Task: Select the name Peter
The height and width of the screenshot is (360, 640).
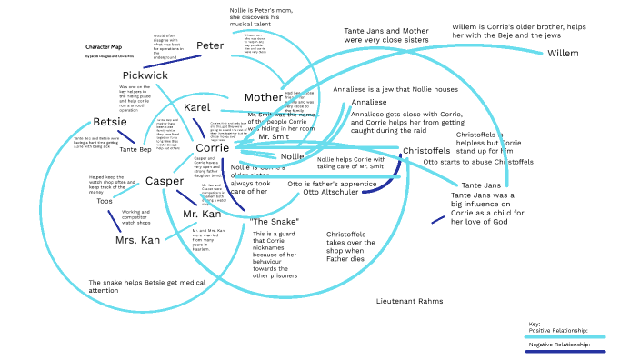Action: tap(210, 45)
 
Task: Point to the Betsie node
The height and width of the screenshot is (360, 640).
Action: tap(110, 123)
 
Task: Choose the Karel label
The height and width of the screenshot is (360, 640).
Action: tap(197, 107)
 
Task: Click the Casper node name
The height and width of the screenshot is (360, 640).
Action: tap(165, 181)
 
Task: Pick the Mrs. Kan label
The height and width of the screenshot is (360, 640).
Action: tap(137, 241)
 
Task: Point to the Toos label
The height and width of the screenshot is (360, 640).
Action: tap(105, 201)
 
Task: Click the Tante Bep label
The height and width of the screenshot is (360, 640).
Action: tap(134, 149)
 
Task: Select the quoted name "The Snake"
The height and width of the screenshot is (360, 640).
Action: tap(274, 222)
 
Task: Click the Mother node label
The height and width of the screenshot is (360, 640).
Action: tap(264, 97)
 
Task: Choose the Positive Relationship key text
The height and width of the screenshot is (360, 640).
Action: tap(558, 330)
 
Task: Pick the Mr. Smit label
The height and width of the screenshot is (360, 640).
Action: tap(273, 138)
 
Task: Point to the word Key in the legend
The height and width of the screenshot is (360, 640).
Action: tap(534, 324)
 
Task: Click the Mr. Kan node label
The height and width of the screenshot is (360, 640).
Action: tap(202, 215)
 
